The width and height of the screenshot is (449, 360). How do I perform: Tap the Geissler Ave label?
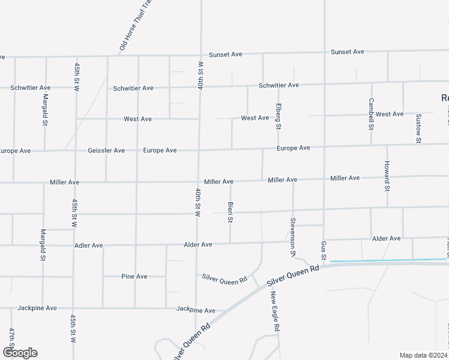click(x=106, y=151)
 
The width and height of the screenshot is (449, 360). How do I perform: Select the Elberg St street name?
click(x=279, y=116)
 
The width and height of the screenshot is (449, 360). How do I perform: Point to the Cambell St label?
click(x=371, y=114)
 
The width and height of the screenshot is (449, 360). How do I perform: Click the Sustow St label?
click(x=418, y=128)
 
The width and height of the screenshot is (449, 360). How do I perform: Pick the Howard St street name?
click(x=387, y=176)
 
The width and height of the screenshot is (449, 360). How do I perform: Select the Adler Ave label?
click(x=89, y=245)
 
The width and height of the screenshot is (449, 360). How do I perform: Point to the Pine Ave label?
click(x=134, y=277)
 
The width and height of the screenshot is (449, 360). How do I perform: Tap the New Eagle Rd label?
click(x=274, y=312)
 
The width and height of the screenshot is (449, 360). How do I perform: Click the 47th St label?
click(x=11, y=339)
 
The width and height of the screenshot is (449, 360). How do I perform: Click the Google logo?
click(x=20, y=353)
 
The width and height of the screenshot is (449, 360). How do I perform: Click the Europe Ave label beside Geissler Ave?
click(x=160, y=150)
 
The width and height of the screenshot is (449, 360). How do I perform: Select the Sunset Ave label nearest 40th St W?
click(x=225, y=54)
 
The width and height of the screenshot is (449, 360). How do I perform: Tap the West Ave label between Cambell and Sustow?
click(x=390, y=114)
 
